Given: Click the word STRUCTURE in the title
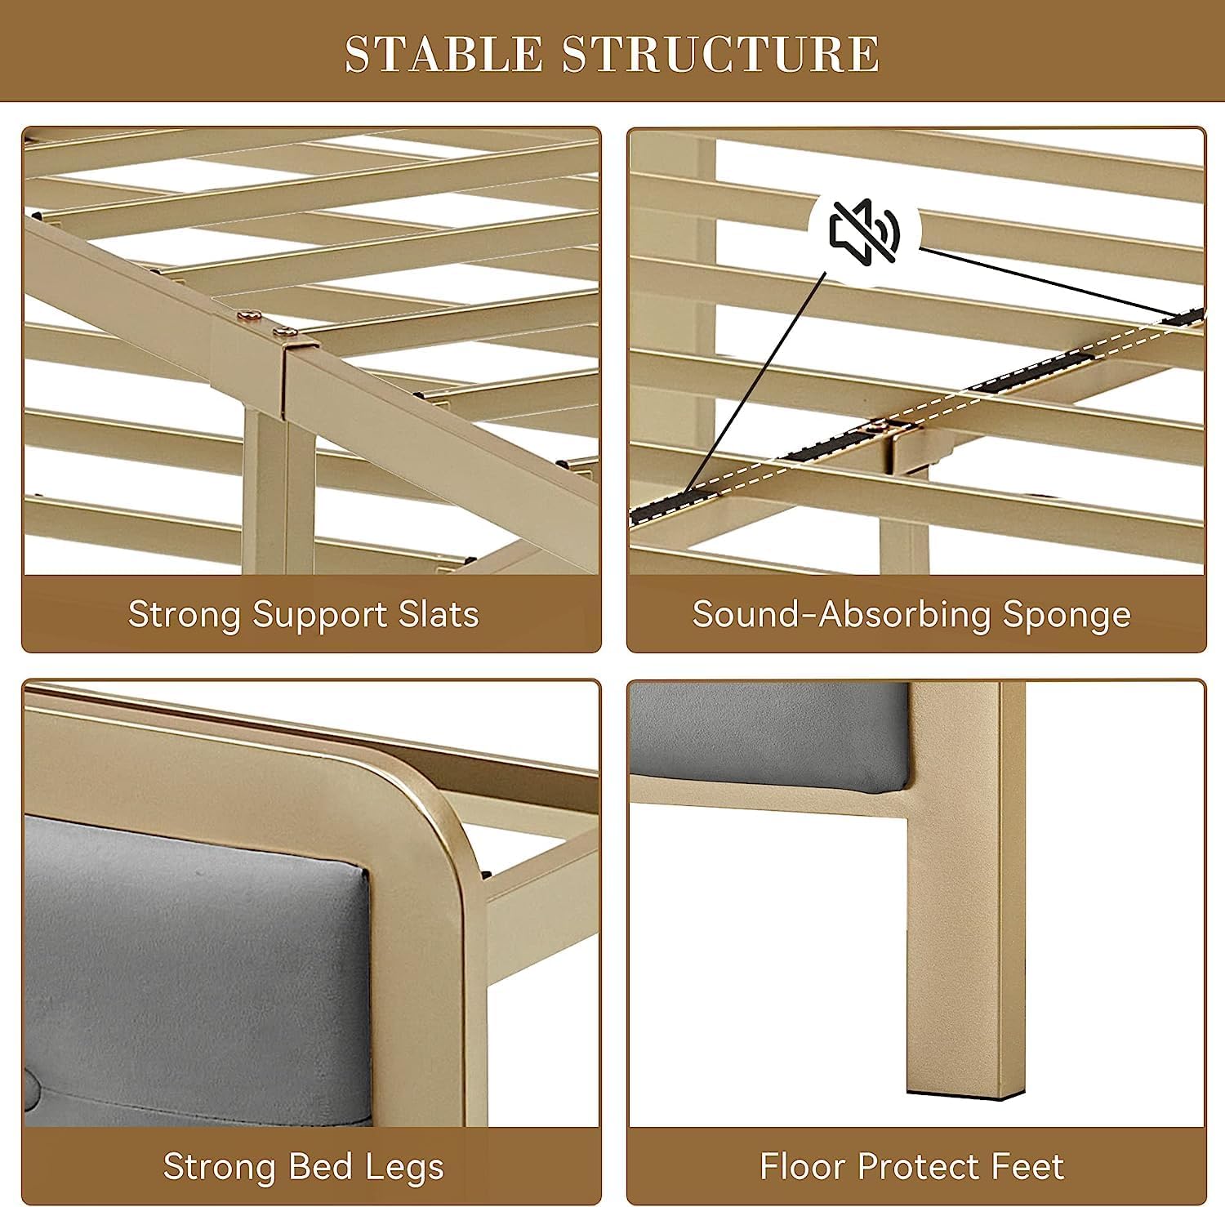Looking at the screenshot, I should click(x=721, y=54).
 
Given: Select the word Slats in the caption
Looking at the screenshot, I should click(x=439, y=614).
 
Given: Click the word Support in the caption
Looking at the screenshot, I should click(x=319, y=614).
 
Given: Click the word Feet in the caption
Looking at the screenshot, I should click(x=1028, y=1166).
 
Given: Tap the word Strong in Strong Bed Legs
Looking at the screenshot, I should click(x=216, y=1166).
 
